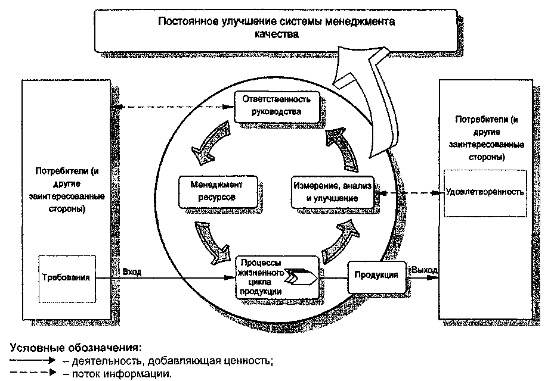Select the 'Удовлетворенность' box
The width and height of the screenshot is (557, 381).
click(485, 192)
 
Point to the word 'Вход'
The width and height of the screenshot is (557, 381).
click(132, 271)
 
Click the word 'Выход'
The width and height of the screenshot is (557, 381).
click(424, 270)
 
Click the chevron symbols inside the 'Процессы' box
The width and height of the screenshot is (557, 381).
click(302, 276)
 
